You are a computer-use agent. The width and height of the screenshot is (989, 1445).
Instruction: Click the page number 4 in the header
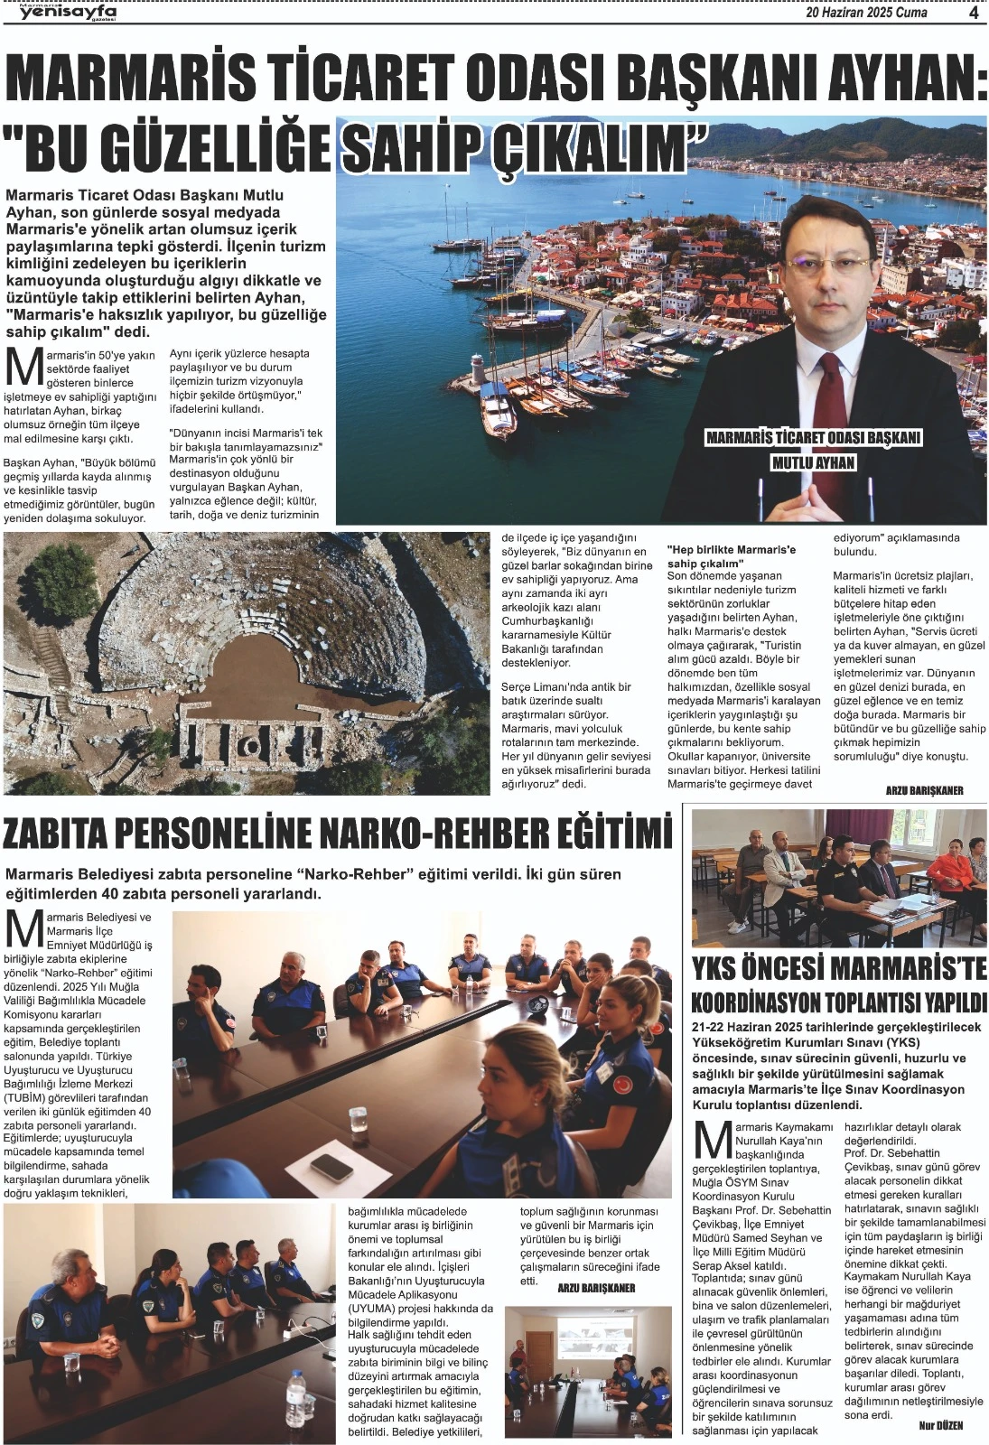pyautogui.click(x=974, y=13)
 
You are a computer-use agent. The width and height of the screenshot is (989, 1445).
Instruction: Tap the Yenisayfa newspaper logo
pyautogui.click(x=68, y=12)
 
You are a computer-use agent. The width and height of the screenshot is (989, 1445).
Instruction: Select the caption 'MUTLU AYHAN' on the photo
pyautogui.click(x=813, y=463)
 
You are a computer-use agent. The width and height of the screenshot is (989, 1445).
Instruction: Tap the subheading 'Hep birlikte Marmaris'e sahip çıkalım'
pyautogui.click(x=732, y=555)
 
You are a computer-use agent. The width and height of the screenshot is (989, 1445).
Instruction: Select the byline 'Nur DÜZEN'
pyautogui.click(x=940, y=1425)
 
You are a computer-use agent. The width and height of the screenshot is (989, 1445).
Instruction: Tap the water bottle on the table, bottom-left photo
pyautogui.click(x=297, y=1400)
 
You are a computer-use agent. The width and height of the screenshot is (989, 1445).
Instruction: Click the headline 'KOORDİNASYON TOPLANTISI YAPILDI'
pyautogui.click(x=839, y=1002)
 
